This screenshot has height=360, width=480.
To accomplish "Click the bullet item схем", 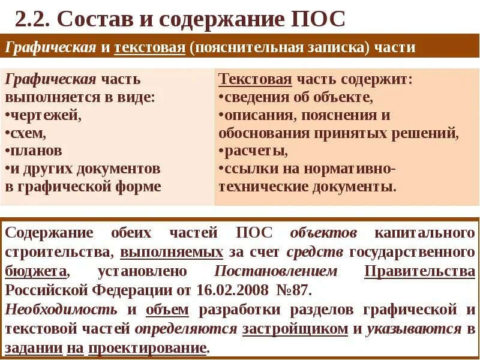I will [27, 132].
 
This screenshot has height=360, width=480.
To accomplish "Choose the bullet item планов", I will [35, 150].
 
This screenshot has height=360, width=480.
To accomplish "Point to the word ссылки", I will [244, 168].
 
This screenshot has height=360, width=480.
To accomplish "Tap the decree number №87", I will [293, 291].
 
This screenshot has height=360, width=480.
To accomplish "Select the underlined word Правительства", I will [419, 271].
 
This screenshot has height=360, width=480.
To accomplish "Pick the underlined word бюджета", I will [37, 271].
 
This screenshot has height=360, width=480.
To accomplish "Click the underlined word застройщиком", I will [295, 329].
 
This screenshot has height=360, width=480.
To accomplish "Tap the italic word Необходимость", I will [62, 310].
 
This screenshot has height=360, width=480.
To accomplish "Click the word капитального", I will [425, 233].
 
